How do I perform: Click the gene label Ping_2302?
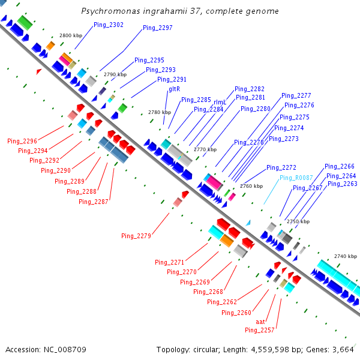(x=109, y=25)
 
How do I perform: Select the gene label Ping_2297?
(x=157, y=28)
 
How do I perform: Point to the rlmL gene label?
(x=220, y=102)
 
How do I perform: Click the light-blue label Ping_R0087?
(x=296, y=178)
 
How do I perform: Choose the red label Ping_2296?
(x=22, y=141)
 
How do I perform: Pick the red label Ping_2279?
(x=136, y=235)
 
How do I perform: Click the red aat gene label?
(x=260, y=322)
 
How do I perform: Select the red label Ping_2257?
(x=260, y=330)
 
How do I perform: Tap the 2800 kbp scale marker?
(x=70, y=36)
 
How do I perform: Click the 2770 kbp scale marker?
(x=205, y=149)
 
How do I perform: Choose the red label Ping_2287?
(x=94, y=202)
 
